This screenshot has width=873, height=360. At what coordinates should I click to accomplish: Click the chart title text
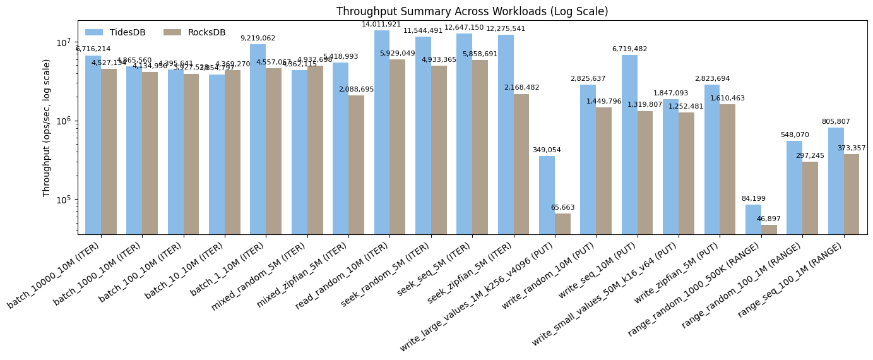click(472, 11)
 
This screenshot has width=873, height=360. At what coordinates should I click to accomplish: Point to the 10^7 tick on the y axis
click(62, 42)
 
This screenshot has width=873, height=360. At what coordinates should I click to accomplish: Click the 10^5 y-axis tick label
click(62, 200)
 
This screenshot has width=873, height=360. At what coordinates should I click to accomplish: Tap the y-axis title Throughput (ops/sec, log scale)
click(47, 128)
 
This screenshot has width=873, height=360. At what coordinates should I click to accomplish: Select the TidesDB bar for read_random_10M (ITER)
click(382, 132)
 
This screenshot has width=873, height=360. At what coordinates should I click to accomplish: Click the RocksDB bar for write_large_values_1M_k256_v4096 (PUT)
click(562, 224)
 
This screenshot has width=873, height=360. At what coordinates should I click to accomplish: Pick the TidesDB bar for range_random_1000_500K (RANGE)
click(753, 219)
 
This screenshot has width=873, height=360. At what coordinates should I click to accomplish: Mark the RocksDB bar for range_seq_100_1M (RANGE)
click(851, 194)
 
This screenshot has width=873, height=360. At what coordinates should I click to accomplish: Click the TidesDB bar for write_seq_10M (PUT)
click(629, 145)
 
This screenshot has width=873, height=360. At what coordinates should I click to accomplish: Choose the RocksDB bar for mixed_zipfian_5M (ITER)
click(356, 165)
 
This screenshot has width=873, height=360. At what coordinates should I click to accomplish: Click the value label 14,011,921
click(381, 25)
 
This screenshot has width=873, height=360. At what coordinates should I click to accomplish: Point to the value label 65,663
click(562, 208)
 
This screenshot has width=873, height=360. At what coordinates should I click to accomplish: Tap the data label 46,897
click(768, 219)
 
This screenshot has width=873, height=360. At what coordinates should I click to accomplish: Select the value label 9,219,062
click(258, 39)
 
